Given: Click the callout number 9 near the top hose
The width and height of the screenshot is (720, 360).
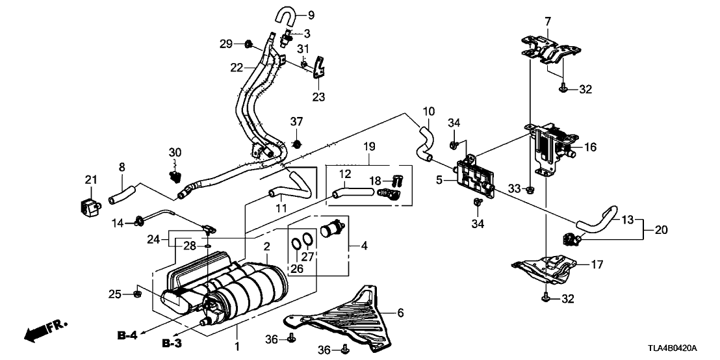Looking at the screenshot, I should click(x=311, y=15).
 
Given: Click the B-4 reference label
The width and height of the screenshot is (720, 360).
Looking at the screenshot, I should click(x=128, y=335).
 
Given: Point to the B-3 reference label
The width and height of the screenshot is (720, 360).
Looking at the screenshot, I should click(x=170, y=342).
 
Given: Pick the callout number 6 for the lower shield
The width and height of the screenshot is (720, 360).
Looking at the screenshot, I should click(x=400, y=313).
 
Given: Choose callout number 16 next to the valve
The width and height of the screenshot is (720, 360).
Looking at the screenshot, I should click(x=591, y=148).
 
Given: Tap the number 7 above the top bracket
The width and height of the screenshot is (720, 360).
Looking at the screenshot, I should click(x=547, y=21).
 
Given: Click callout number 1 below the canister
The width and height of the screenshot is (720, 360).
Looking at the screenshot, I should click(x=237, y=347).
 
